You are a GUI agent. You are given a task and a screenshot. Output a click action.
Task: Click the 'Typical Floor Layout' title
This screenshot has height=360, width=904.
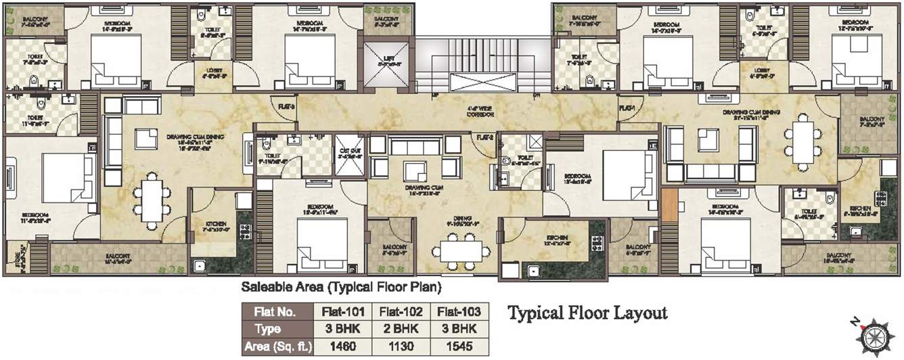pos(587,313)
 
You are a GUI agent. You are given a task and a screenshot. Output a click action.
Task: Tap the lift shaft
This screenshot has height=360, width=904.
pos(386,64)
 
